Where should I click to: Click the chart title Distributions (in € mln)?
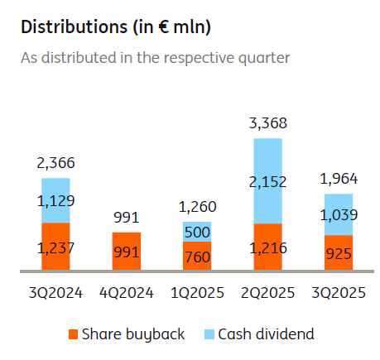[115, 27]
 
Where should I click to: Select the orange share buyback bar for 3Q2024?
[55, 246]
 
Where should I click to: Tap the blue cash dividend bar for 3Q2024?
[55, 200]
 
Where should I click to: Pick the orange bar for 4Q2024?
[127, 251]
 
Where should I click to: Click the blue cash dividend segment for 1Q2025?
[197, 231]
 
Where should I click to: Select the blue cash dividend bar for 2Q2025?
[267, 180]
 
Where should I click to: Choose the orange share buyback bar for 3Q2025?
[339, 252]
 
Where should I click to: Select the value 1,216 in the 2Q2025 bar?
[267, 247]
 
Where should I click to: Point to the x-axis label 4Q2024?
[127, 293]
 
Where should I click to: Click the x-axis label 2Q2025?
[267, 293]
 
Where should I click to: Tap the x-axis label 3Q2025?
[339, 293]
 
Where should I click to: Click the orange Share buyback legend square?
[74, 334]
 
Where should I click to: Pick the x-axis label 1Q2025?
[197, 293]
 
